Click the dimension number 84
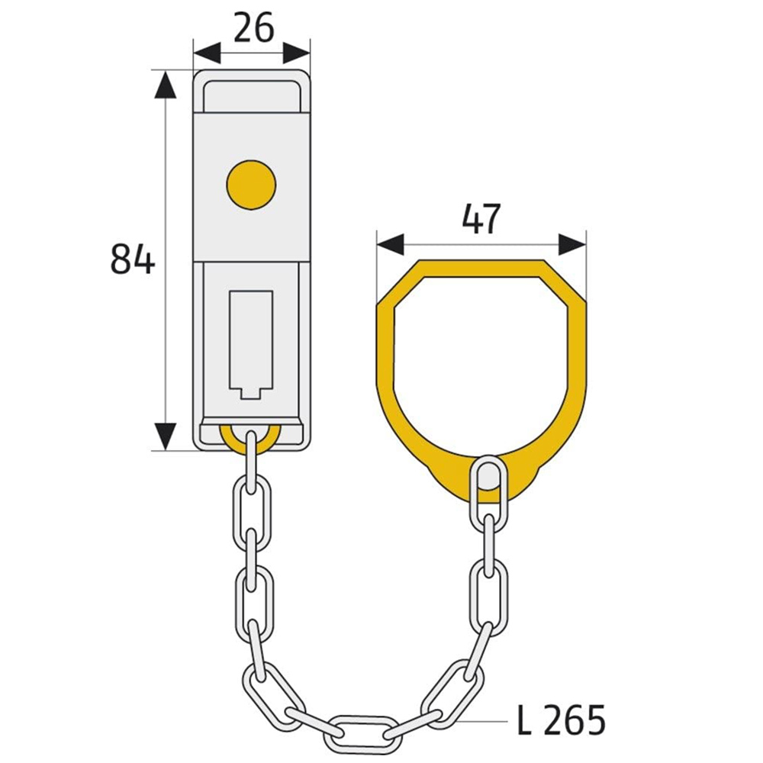click(x=132, y=259)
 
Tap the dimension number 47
click(x=481, y=220)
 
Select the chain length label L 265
click(x=561, y=719)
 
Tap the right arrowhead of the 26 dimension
click(x=297, y=53)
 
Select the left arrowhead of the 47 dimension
click(x=390, y=245)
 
